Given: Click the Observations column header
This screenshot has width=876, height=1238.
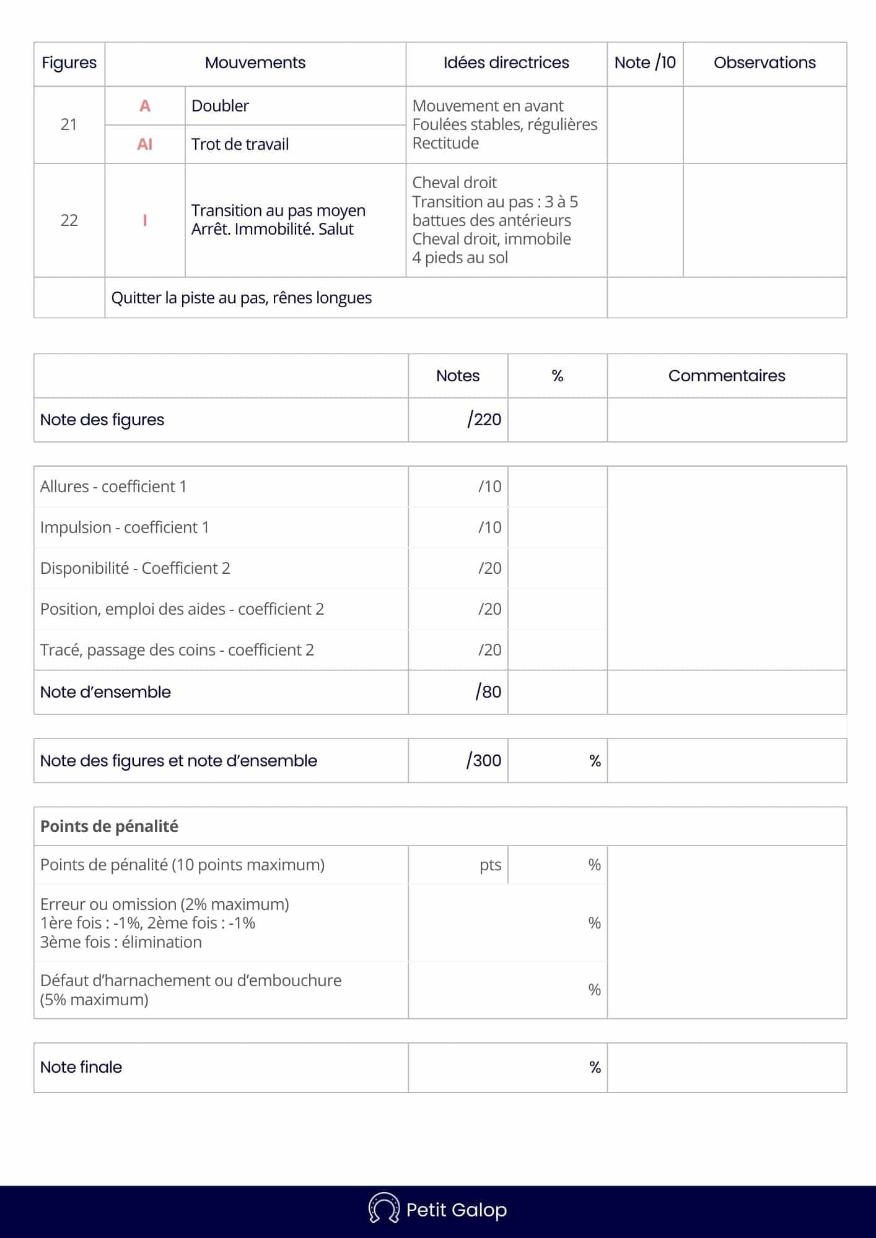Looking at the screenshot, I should (764, 63).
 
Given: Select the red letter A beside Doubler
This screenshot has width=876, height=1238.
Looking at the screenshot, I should (145, 106).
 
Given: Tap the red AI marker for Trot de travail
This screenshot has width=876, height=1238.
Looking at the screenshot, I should (145, 144).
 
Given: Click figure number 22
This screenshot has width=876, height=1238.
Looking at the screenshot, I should (69, 220).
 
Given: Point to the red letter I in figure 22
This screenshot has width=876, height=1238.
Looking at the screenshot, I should (145, 220).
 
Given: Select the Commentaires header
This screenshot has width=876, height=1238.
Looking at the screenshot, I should (726, 376).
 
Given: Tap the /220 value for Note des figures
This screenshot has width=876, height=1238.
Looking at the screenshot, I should (484, 420).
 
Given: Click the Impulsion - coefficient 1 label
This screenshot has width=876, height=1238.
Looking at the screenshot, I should (125, 527).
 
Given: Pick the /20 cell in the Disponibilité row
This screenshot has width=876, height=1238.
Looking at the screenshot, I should (489, 568).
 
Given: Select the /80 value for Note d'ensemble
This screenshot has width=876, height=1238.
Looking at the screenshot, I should (488, 692).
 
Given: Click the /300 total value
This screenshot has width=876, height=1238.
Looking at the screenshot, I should (484, 761).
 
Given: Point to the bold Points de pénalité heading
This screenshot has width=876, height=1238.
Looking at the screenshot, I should (109, 826).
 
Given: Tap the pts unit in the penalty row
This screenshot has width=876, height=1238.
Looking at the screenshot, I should (490, 865).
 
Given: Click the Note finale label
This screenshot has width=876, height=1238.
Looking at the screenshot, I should (81, 1067).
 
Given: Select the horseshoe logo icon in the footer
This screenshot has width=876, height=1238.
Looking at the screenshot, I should (383, 1209).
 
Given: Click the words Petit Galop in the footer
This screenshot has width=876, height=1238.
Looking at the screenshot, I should (456, 1210).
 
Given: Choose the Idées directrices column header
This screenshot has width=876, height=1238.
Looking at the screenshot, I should (506, 63).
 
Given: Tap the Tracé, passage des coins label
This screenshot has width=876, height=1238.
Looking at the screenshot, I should (177, 650).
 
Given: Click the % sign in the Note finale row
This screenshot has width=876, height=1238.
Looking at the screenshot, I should (595, 1067).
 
